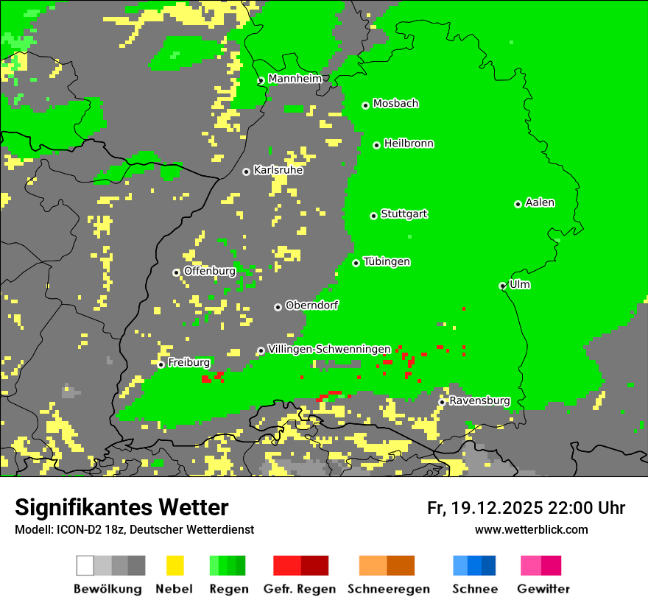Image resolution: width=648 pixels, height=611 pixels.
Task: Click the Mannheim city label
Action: tap(295, 79)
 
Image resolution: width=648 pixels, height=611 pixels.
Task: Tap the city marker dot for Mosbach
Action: tap(365, 105)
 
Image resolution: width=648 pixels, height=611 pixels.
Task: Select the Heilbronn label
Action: tap(409, 144)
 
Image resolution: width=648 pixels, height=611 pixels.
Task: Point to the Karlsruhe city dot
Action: tap(246, 172)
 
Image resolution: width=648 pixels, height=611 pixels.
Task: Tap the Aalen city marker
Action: tap(518, 204)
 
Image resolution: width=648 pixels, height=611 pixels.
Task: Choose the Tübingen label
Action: tap(387, 262)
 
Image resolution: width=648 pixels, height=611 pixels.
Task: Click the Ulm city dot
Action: tap(502, 286)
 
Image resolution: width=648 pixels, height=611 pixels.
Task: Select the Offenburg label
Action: tap(210, 271)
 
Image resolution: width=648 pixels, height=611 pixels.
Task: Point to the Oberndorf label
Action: tap(312, 305)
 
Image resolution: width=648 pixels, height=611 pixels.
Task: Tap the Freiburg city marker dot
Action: tap(161, 364)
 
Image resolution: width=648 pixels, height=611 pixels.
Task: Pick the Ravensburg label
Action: tap(479, 401)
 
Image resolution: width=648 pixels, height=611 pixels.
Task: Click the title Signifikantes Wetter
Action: tap(121, 508)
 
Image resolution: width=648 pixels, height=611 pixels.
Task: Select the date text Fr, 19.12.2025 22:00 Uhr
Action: tap(526, 508)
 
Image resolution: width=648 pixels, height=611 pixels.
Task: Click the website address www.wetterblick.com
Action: tap(531, 529)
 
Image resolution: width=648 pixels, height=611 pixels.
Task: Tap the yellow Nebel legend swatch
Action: tap(175, 565)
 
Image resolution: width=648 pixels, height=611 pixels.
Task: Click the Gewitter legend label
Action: tap(543, 589)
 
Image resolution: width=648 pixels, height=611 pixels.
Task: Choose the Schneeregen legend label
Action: tap(389, 589)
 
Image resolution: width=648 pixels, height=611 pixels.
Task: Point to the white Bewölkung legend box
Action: tap(85, 565)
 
